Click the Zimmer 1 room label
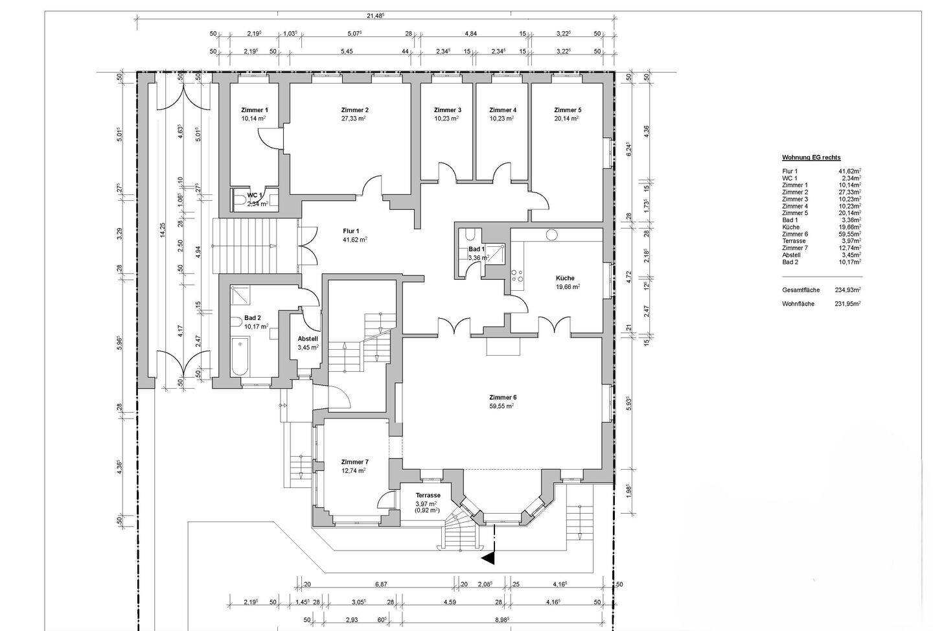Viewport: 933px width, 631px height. pos(255,110)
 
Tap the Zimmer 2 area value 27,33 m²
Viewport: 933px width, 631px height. pos(354,119)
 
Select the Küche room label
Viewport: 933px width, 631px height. pos(565,278)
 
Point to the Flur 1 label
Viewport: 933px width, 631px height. pos(351,231)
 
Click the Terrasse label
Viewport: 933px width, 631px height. pos(428,495)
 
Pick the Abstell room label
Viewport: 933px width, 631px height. pos(308,339)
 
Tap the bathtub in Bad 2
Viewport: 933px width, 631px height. pos(240,357)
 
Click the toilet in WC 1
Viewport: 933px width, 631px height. pos(240,200)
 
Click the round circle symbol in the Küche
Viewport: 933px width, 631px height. pos(552,235)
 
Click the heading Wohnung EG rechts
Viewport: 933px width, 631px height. pos(811,157)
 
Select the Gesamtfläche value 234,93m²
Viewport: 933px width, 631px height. pos(848,290)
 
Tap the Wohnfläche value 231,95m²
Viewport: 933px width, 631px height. pos(848,304)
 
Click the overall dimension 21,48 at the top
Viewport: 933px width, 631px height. pos(375,16)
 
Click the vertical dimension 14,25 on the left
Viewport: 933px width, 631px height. pos(163,231)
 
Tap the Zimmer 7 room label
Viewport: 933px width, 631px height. pos(355,462)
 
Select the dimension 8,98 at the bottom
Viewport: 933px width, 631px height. pos(502,620)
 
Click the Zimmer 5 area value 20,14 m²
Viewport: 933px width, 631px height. pos(566,119)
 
